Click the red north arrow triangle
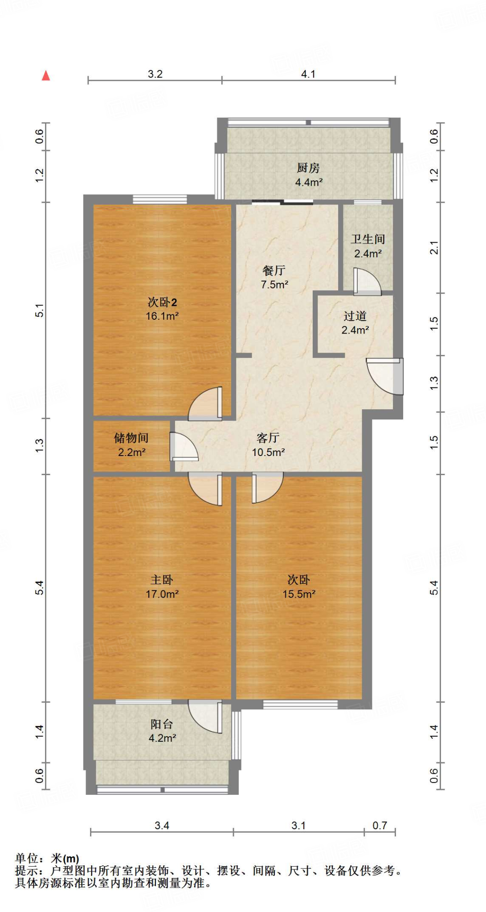tap(46, 76)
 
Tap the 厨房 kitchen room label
tap(308, 168)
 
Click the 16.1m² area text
tap(162, 316)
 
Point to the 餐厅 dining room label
tap(274, 270)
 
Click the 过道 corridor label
tap(355, 316)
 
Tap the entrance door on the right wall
tap(386, 376)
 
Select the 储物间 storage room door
tap(183, 447)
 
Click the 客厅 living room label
tap(268, 438)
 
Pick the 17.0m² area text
tap(162, 594)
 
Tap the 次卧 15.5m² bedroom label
tap(298, 580)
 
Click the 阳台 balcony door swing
tap(206, 716)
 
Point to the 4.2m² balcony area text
tap(162, 738)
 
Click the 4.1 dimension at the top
tap(308, 74)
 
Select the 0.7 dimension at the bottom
tap(380, 826)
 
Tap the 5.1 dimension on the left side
tap(40, 310)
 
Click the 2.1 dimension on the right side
tap(434, 248)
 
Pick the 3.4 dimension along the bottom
tap(162, 826)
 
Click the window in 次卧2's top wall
tap(159, 199)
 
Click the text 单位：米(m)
tap(47, 858)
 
